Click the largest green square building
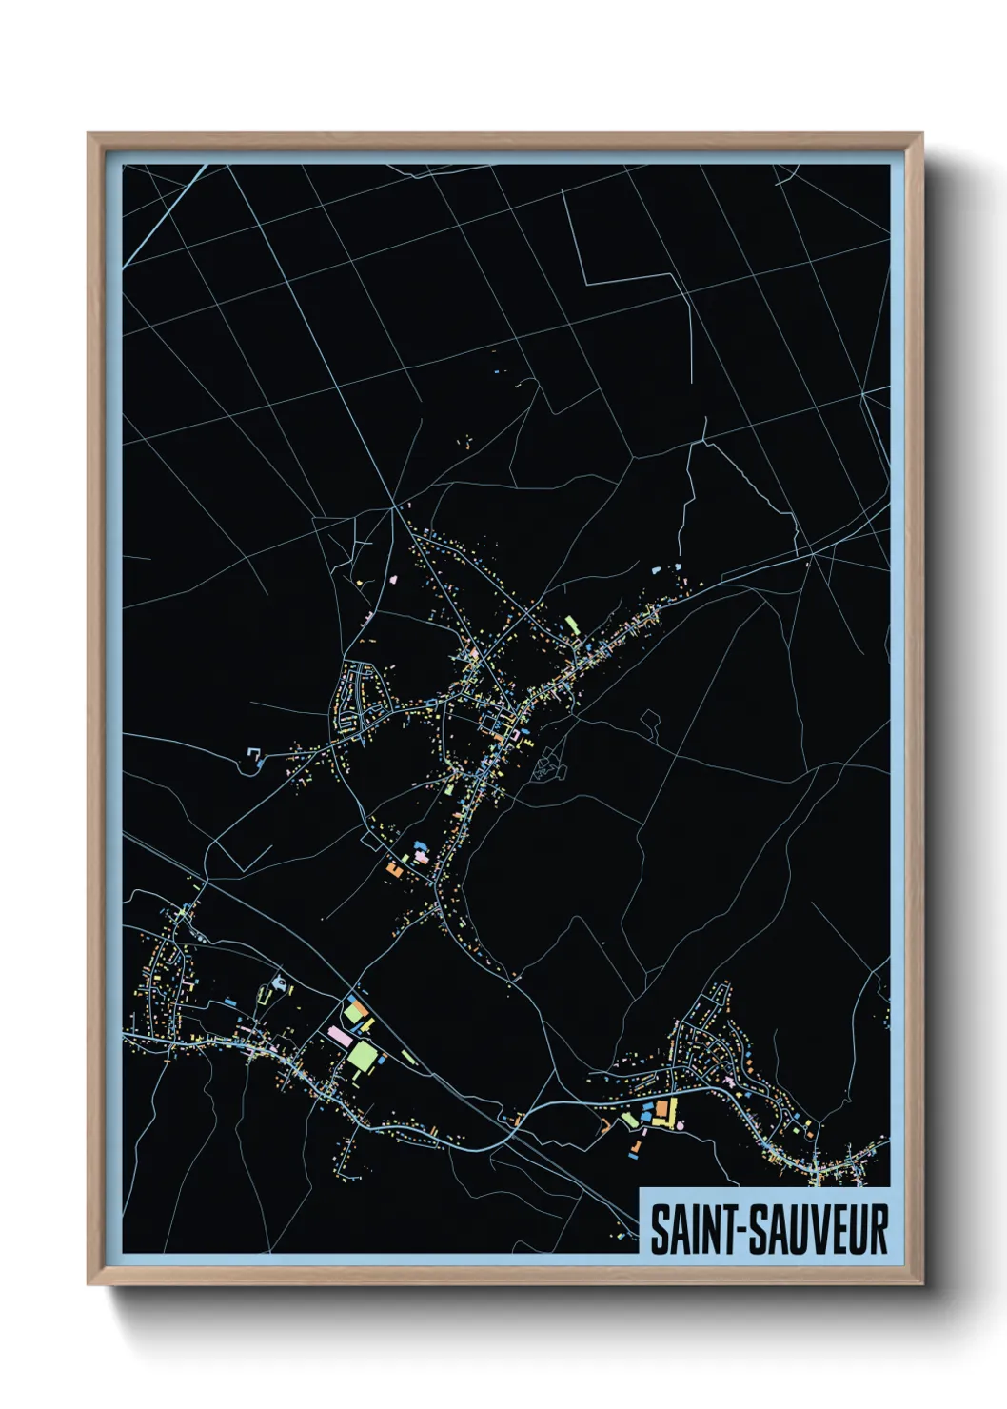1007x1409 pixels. click(362, 1055)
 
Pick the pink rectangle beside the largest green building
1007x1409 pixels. click(338, 1033)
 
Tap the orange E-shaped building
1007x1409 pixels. click(393, 868)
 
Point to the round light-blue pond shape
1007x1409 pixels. click(279, 980)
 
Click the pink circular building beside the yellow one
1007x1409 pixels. click(681, 1126)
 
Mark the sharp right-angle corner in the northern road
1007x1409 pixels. click(585, 283)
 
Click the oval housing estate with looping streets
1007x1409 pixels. click(362, 700)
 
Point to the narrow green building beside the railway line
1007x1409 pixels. click(409, 1057)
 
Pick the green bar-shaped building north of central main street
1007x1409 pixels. click(572, 625)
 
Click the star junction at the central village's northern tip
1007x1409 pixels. click(393, 506)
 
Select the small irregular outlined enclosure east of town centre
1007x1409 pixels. click(651, 724)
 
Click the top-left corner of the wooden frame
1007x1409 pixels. click(89, 134)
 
